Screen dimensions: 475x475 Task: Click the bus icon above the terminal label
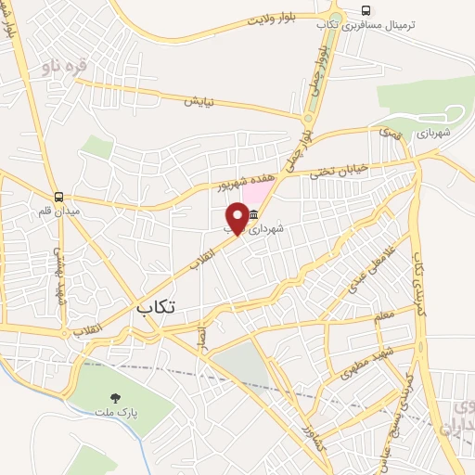[x=367, y=12]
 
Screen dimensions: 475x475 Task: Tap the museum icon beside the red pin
[x=253, y=214]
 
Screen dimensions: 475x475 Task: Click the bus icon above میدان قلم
[x=59, y=197]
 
